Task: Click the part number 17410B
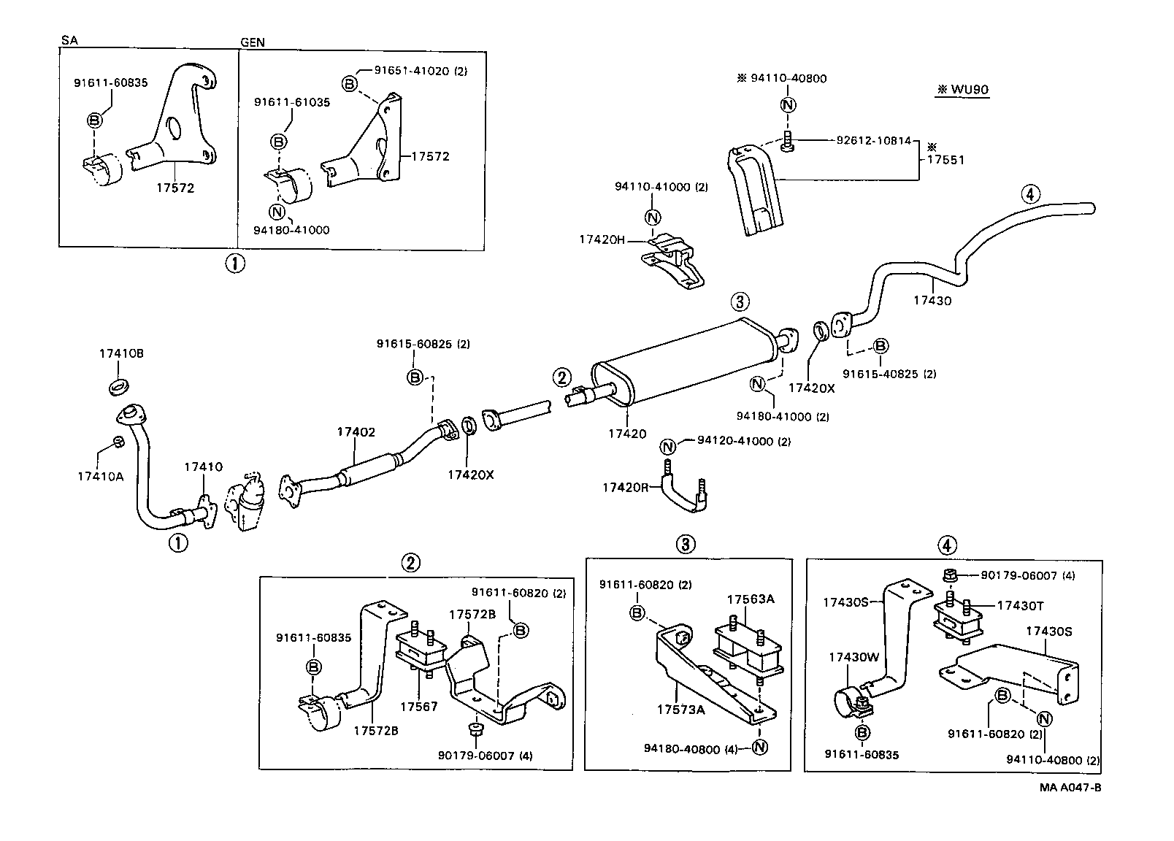(121, 353)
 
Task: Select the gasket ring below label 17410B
(119, 385)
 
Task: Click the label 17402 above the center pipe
(356, 432)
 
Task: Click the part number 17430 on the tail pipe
(932, 300)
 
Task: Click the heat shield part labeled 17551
(756, 191)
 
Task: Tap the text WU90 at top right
(962, 90)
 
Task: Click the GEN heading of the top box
(253, 42)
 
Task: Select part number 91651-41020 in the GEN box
(421, 71)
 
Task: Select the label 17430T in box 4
(1020, 605)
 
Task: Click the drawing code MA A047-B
(1071, 788)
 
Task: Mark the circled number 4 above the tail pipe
(1029, 194)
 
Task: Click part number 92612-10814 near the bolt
(873, 140)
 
